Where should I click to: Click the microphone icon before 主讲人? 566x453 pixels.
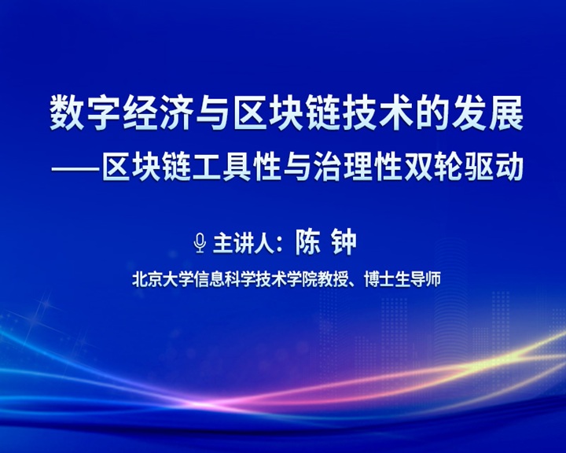coord(200,243)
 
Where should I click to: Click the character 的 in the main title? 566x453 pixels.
coord(433,113)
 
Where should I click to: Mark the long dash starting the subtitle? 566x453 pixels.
coord(75,169)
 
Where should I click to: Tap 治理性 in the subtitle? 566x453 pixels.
coord(358,168)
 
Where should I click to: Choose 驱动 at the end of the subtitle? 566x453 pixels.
coord(494,168)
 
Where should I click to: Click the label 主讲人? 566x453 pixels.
coord(244,244)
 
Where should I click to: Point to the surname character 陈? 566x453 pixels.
coord(308,242)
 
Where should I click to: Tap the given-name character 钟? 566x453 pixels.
coord(344,242)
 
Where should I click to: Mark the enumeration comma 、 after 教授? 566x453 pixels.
coord(354,284)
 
